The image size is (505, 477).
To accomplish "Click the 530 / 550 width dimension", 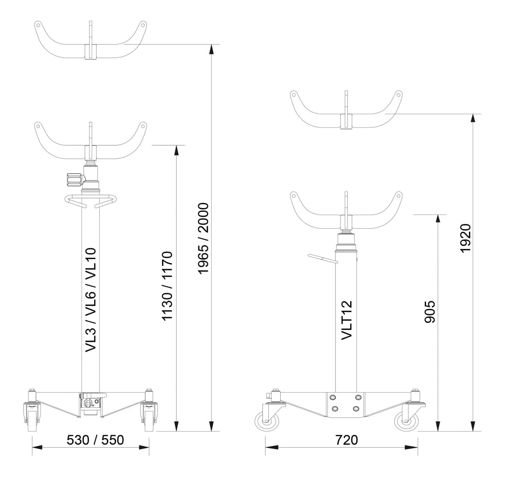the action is pos(95,440).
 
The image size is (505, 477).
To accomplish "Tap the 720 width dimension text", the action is pos(346,440).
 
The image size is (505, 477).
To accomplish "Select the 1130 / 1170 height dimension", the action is pos(167,286).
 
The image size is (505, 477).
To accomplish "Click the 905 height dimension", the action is pos(430,312).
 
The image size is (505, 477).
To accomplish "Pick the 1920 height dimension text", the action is pos(465,238).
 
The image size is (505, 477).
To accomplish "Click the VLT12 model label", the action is pos(347,320).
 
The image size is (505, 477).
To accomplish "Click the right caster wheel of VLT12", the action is pos(406,421).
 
